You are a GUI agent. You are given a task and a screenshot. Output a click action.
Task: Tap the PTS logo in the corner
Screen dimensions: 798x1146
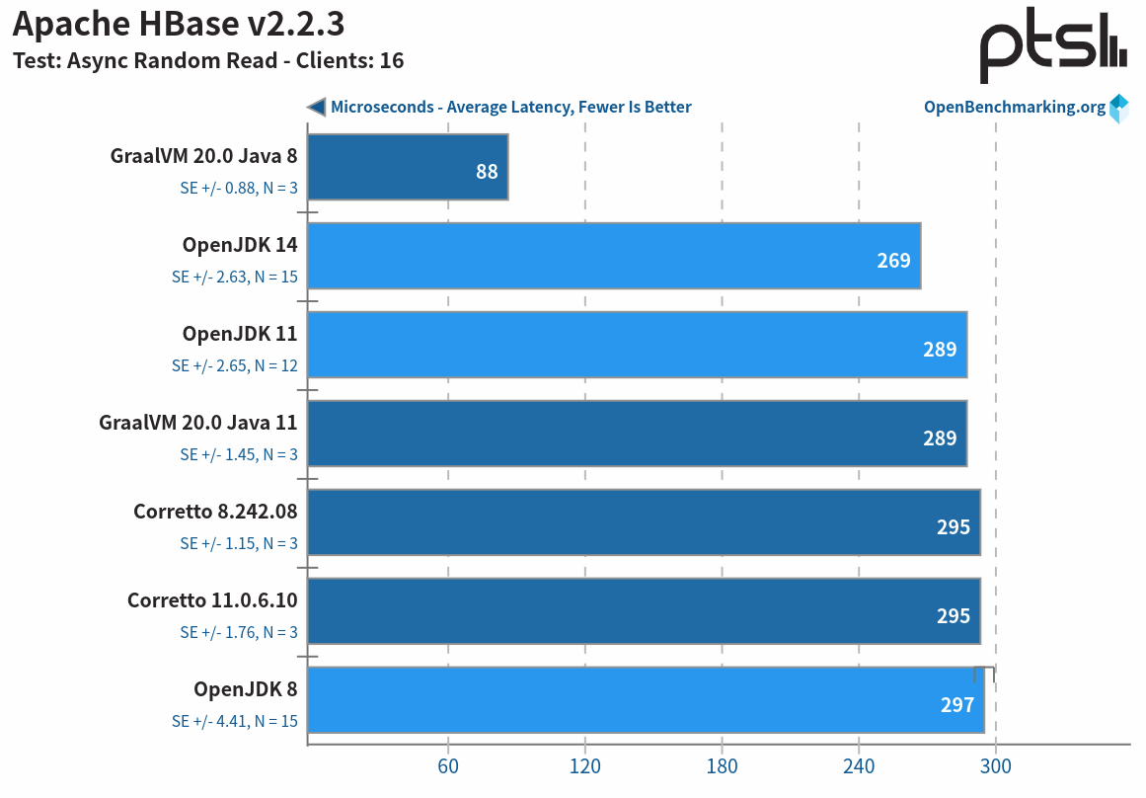[x=1052, y=49]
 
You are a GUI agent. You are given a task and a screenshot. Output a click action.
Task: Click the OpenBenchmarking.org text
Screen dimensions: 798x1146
[x=1015, y=107]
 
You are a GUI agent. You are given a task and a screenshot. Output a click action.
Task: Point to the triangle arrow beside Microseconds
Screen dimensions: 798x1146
[x=316, y=107]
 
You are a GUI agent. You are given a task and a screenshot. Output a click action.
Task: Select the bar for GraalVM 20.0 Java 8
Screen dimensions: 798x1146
[x=408, y=167]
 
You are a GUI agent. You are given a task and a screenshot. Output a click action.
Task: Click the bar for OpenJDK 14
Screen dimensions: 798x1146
[x=614, y=256]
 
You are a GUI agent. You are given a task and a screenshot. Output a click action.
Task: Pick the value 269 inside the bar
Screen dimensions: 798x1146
[x=893, y=261]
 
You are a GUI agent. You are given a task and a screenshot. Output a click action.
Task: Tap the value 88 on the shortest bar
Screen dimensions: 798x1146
[x=487, y=172]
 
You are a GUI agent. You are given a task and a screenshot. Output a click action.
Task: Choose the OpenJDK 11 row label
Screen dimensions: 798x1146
[x=240, y=334]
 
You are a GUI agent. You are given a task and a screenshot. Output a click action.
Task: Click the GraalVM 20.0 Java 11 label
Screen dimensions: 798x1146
[x=198, y=423]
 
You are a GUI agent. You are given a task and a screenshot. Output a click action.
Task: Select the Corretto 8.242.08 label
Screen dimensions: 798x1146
[x=215, y=512]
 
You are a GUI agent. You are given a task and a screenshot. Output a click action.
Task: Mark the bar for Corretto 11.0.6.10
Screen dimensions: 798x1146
[x=644, y=611]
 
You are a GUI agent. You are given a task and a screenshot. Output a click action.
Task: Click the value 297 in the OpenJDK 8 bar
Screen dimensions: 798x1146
[x=956, y=705]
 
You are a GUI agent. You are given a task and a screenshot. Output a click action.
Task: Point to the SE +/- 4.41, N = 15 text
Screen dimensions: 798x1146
[x=235, y=721]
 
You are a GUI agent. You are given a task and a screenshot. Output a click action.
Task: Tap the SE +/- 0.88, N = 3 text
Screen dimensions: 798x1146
[x=239, y=188]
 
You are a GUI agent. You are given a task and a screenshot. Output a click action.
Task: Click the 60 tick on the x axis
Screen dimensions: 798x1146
[x=448, y=767]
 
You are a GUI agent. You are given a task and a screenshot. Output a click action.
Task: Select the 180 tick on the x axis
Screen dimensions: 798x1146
[x=722, y=767]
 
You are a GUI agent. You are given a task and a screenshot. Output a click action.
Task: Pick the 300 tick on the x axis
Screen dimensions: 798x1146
[x=995, y=767]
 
